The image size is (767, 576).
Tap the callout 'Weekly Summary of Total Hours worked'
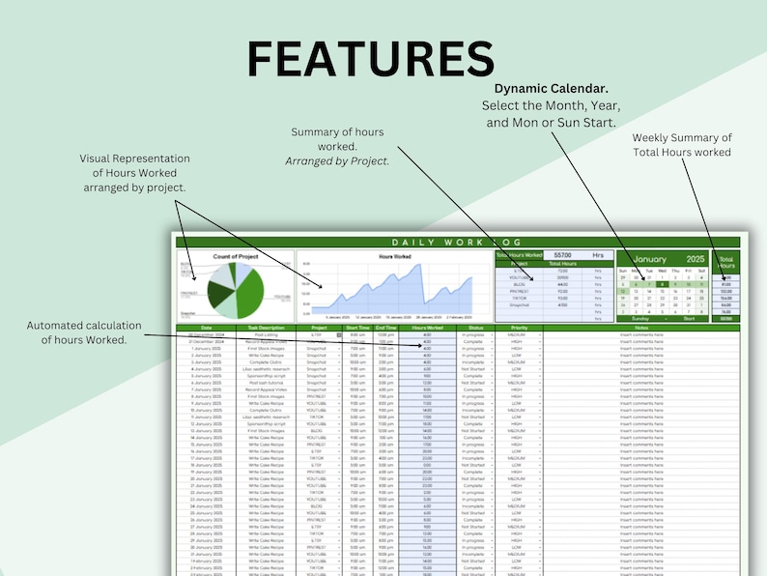pos(682,145)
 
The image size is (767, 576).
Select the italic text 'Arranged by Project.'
pos(337,161)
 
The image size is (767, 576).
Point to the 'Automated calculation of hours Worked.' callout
pos(84,332)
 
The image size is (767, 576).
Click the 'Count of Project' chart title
pos(236,256)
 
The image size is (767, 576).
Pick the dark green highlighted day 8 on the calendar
pos(661,284)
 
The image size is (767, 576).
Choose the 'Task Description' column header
pos(266,328)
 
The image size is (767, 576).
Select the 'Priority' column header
pos(519,328)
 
